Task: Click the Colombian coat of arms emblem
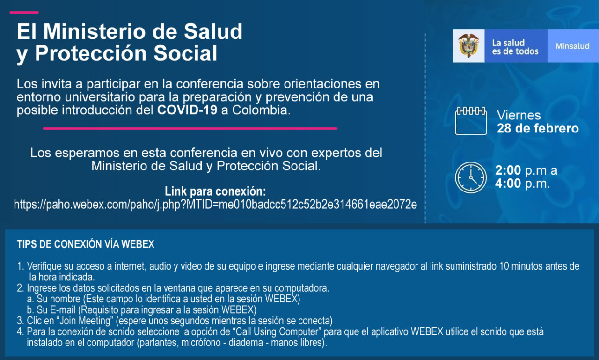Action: [x=468, y=45]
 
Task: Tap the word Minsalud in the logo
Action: [x=572, y=46]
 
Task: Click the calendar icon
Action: [x=471, y=121]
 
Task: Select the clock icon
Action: [x=471, y=177]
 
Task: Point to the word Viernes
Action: [x=519, y=115]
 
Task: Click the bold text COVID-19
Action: [x=187, y=110]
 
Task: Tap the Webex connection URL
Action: [x=215, y=205]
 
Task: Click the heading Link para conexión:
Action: [x=215, y=191]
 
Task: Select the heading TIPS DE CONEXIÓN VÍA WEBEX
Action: [x=86, y=244]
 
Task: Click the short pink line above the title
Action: [x=24, y=12]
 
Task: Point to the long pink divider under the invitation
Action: [x=190, y=129]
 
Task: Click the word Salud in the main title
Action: [x=213, y=31]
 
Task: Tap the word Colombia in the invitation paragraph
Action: [x=261, y=110]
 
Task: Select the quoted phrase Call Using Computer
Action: [x=278, y=331]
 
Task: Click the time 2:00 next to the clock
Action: [x=508, y=170]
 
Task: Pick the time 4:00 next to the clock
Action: [x=508, y=184]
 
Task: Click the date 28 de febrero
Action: [x=538, y=128]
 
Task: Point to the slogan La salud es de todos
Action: [x=515, y=47]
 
